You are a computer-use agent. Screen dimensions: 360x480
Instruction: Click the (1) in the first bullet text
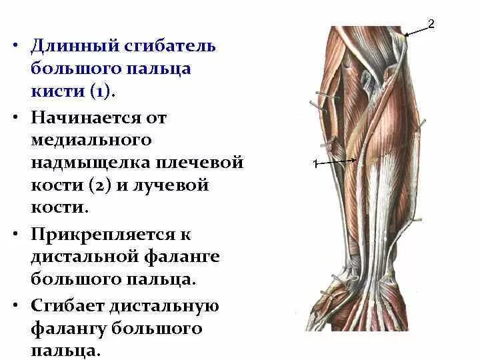click(x=100, y=91)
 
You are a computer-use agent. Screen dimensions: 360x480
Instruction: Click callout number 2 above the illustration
click(x=431, y=25)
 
